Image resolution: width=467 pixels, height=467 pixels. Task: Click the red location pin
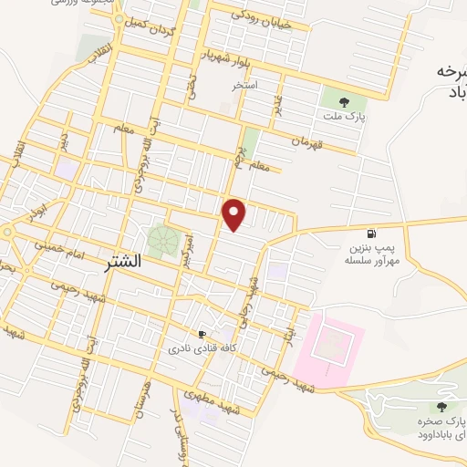tap(235, 214)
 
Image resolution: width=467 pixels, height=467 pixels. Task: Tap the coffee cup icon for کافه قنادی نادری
tap(202, 335)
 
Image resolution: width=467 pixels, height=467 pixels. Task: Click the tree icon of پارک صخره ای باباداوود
tap(442, 408)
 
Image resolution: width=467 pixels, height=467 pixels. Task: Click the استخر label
tap(244, 86)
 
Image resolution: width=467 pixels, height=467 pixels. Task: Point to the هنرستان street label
tap(141, 398)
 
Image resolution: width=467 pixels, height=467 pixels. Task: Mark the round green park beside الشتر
tap(162, 241)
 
